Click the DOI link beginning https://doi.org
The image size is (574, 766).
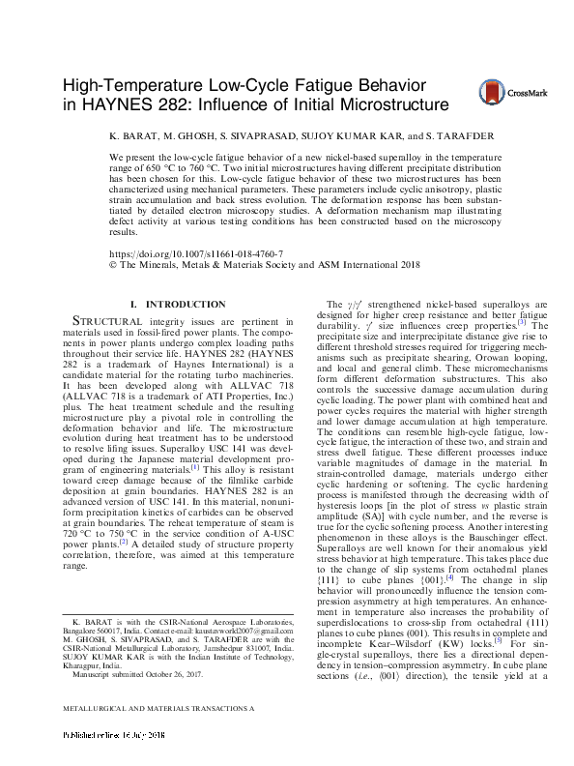184,250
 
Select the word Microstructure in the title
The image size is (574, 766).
386,104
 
